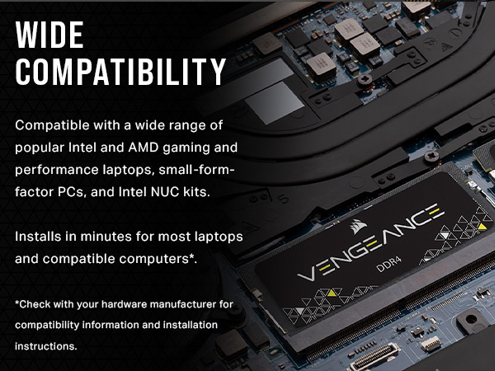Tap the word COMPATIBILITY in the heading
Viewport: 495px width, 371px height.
[x=120, y=73]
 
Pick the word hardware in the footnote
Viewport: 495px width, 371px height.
[x=137, y=304]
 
